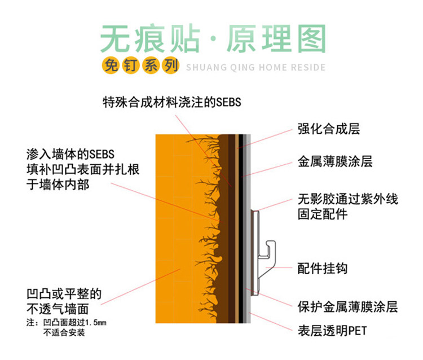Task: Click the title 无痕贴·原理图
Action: point(213,39)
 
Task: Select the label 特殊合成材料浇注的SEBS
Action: point(171,102)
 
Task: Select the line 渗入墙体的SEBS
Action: point(70,154)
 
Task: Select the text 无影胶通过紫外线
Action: point(347,199)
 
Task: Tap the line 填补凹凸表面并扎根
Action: point(82,169)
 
